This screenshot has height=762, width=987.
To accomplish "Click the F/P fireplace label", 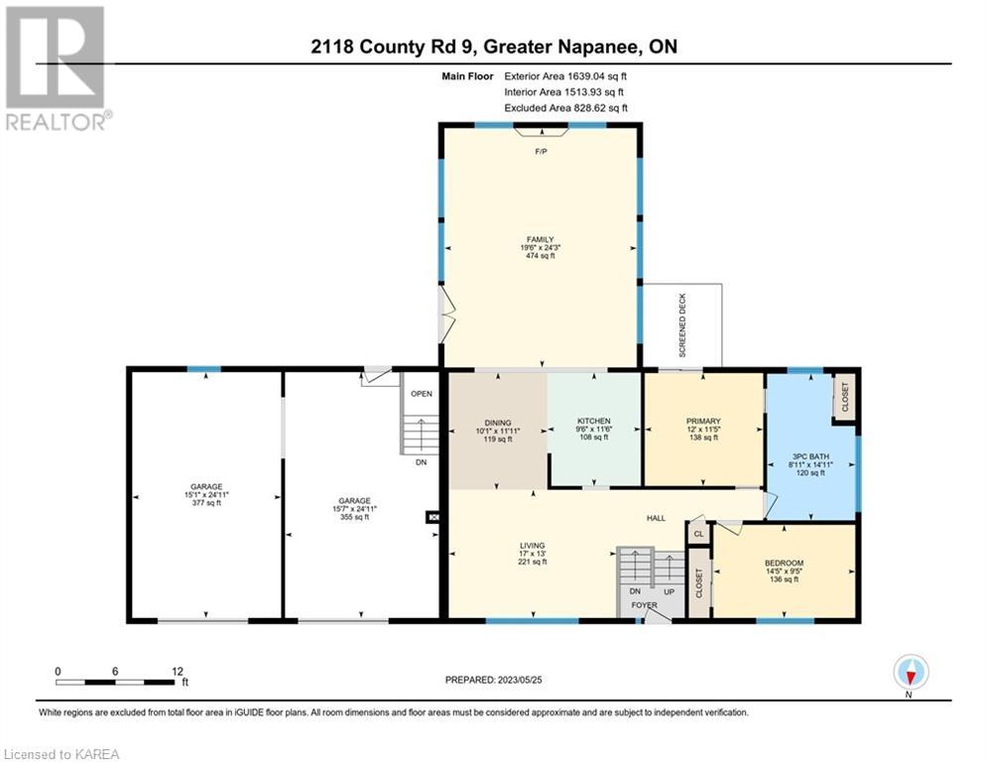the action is [x=541, y=152].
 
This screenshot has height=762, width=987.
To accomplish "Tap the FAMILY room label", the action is [x=540, y=239].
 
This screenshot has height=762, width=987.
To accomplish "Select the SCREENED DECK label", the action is [x=682, y=325].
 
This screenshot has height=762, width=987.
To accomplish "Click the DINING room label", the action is [x=498, y=423].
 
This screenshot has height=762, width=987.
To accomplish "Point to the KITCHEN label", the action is [x=594, y=421].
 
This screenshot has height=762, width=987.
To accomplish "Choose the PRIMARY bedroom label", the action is [x=703, y=421].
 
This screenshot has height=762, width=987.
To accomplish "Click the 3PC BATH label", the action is [x=810, y=456].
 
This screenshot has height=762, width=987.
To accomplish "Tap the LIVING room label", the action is [x=533, y=546].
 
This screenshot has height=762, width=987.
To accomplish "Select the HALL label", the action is [x=656, y=518].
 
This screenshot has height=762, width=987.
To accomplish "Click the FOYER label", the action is [x=644, y=605].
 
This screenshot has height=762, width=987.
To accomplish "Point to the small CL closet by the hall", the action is [x=698, y=534].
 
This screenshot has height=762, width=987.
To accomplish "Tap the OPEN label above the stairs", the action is [x=422, y=394].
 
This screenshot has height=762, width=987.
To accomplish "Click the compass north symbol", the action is [x=911, y=672].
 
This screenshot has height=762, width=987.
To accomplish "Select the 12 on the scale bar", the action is [x=178, y=672].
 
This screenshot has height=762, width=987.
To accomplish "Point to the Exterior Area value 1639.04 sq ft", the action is [x=597, y=76].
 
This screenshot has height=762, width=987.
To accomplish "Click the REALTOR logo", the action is [x=58, y=68].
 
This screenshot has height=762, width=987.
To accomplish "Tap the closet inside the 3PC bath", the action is [x=844, y=397].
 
